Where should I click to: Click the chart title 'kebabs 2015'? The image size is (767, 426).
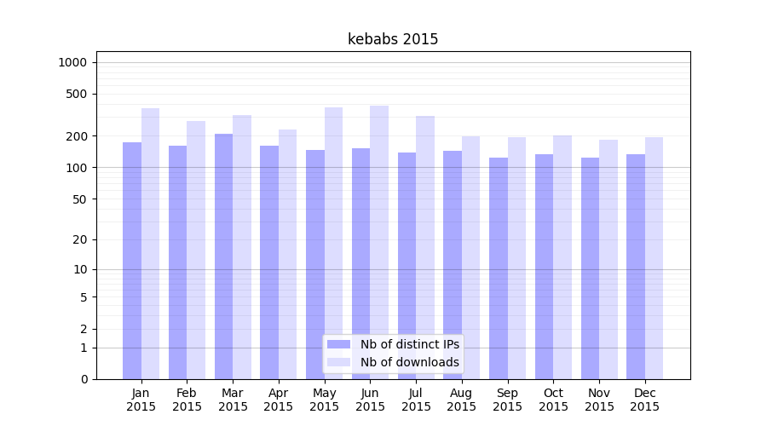point(393,39)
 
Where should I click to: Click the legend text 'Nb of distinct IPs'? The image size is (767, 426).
point(409,344)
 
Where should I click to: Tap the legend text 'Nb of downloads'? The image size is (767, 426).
point(409,362)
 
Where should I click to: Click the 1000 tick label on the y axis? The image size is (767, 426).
point(72,62)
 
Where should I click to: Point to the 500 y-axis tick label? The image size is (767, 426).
point(77,94)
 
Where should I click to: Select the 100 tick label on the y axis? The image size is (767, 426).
point(77,168)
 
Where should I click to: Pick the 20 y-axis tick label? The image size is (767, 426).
point(80,239)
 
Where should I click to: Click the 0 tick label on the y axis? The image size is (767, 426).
point(84,379)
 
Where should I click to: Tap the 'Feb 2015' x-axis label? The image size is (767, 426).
point(187,400)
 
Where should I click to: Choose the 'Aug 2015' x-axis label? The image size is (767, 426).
point(462,400)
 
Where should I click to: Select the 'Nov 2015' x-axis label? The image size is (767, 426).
point(599,400)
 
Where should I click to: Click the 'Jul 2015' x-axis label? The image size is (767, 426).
point(416,400)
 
